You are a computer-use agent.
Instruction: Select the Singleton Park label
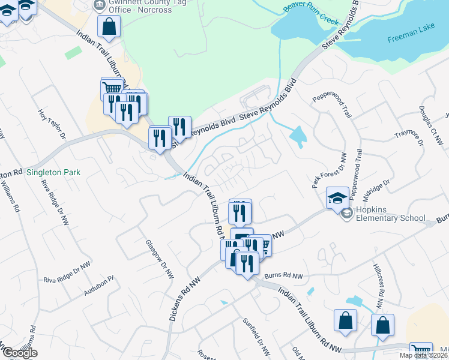(52, 172)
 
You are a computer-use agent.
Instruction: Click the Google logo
(19, 353)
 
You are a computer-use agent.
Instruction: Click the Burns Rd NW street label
(285, 276)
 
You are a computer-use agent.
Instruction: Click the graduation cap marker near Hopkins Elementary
(337, 197)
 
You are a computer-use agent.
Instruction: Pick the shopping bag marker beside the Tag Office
(109, 26)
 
